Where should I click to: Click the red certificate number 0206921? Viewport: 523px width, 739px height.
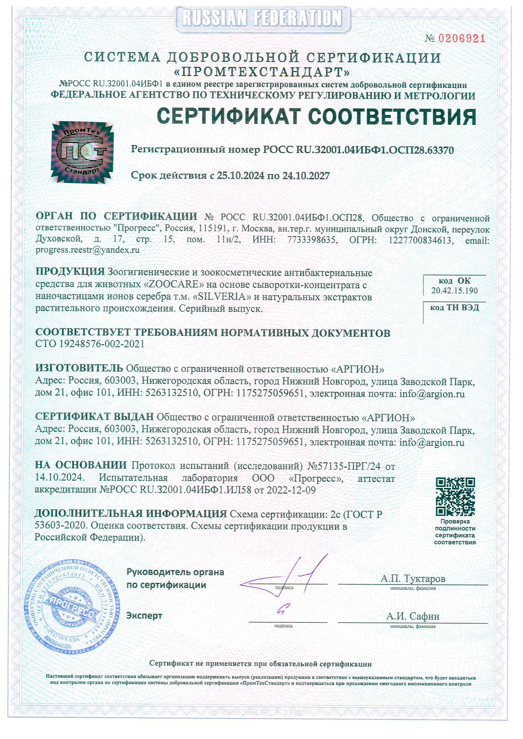point(461,39)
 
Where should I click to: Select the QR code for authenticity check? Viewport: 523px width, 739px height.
point(455,496)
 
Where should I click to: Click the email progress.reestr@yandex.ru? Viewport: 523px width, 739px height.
point(88,250)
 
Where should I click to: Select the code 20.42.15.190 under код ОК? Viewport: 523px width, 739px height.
point(454,291)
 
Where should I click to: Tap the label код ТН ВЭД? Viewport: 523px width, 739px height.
point(454,308)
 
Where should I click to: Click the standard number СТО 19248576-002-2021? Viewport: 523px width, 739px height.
point(90,344)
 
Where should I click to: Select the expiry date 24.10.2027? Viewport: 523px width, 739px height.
point(306,176)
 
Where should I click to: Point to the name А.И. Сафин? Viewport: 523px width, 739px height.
point(412,616)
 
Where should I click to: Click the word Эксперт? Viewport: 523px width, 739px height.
point(144,616)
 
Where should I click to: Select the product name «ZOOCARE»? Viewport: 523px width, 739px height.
point(174,284)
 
